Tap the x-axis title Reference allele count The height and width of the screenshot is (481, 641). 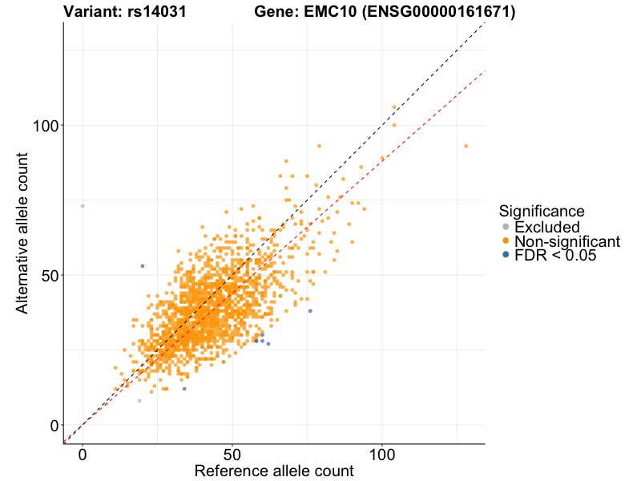[274, 471]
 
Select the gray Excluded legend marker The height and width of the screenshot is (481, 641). [505, 228]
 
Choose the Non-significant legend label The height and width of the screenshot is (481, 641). [567, 241]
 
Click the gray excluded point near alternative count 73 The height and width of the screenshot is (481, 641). [83, 206]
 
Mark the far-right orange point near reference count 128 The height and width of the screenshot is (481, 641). [466, 146]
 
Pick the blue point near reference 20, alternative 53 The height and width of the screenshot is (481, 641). [143, 266]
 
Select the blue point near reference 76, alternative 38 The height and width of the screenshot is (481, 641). [310, 311]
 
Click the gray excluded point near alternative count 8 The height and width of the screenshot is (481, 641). [139, 401]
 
